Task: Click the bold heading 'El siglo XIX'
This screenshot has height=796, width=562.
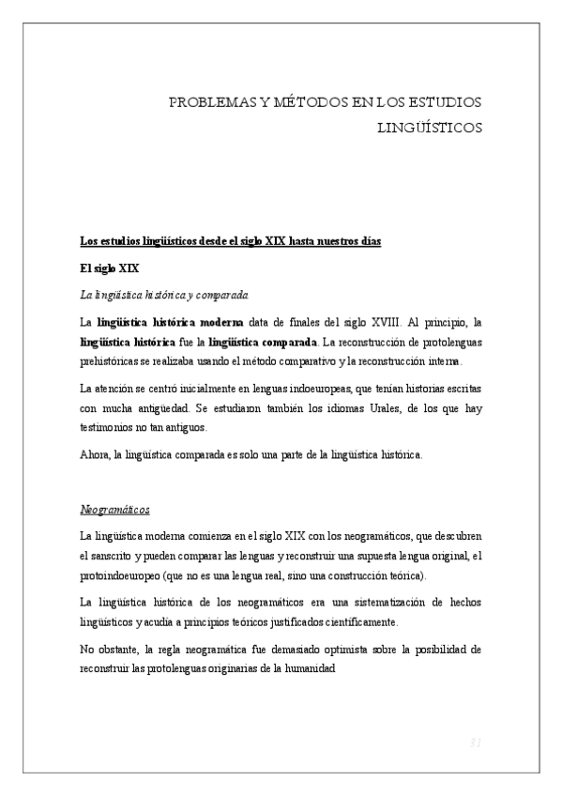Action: (x=110, y=268)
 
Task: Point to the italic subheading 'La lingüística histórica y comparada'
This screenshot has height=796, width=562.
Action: (x=164, y=295)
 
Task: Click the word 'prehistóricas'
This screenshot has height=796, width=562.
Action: (x=113, y=361)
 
